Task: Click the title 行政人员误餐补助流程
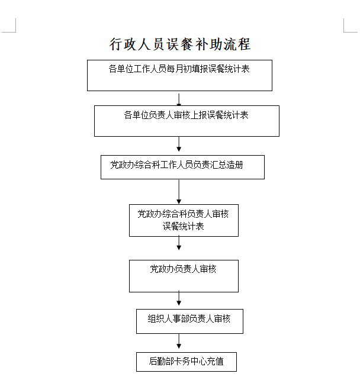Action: [180, 44]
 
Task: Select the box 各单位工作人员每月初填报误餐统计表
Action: [179, 75]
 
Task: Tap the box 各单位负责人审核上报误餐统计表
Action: [187, 121]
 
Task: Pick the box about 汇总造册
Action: [182, 168]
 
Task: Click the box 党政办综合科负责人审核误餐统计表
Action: [184, 220]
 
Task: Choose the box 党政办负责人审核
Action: [184, 276]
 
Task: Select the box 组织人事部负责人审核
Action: [189, 321]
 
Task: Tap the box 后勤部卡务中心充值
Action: [186, 362]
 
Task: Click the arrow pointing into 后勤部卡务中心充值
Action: [179, 341]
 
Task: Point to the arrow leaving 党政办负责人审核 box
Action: [179, 298]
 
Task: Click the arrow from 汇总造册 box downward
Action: [179, 192]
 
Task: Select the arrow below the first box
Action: [179, 99]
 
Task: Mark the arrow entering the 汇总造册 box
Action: [179, 144]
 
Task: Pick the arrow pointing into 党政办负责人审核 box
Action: [179, 243]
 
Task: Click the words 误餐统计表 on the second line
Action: [183, 226]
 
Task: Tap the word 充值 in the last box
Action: [216, 361]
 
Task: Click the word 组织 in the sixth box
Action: [156, 318]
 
